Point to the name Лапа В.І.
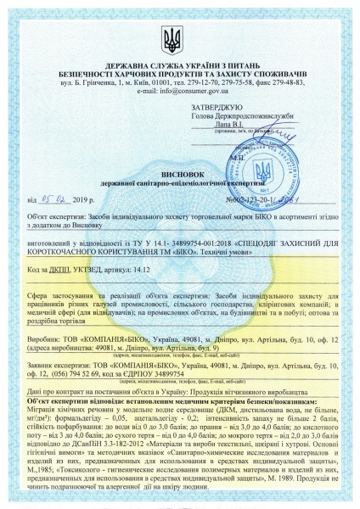pos(234,123)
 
